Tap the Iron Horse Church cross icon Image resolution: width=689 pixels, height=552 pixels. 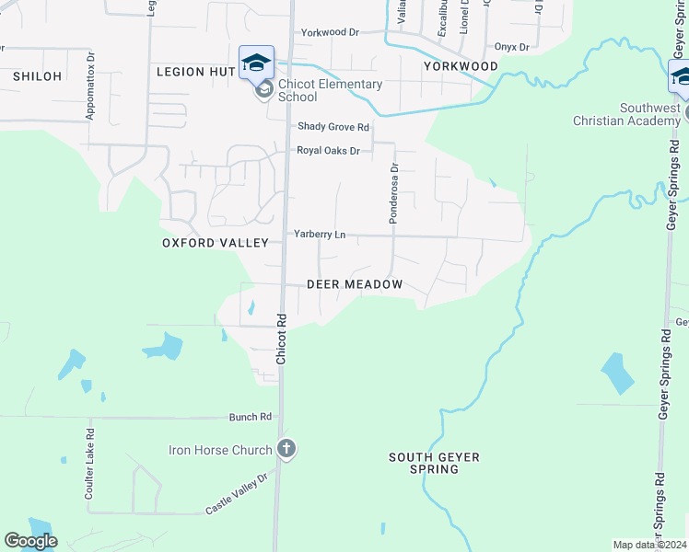286,450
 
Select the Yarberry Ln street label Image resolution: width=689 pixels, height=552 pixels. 320,235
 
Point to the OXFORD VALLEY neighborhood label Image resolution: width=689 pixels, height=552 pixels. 215,243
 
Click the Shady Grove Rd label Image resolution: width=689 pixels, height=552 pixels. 333,127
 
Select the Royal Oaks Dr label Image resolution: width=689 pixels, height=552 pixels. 328,150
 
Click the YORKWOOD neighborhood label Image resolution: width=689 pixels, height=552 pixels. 461,66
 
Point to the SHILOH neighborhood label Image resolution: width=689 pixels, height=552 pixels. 37,76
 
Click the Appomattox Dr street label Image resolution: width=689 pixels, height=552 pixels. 90,85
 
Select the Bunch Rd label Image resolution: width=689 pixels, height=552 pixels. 251,417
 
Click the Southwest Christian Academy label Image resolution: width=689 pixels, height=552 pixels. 626,114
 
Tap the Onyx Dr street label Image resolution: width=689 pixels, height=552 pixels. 512,47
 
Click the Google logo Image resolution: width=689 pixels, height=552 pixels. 30,541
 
